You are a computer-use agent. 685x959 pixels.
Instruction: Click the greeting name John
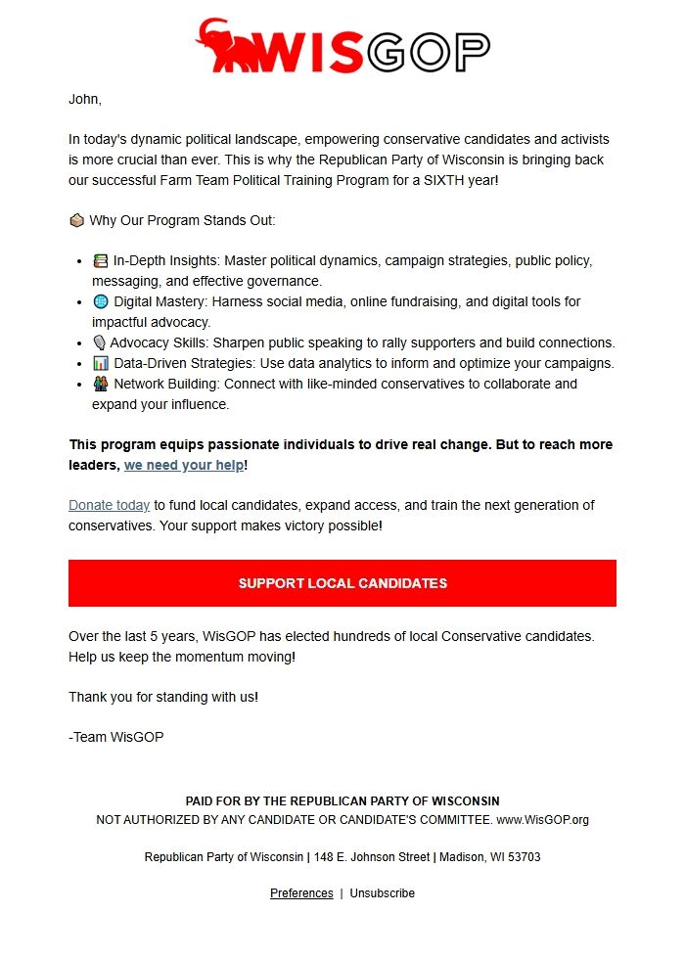(83, 99)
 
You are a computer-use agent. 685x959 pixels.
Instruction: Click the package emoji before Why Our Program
(76, 220)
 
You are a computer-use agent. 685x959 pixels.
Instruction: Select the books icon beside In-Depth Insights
(100, 261)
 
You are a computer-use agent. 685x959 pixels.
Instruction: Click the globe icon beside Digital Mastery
(100, 301)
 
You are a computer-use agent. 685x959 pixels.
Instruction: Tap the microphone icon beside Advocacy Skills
(99, 342)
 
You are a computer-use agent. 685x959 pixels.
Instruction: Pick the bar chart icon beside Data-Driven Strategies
(100, 363)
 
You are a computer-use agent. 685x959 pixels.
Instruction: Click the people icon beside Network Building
(100, 384)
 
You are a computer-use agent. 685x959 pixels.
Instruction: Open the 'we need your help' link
(184, 466)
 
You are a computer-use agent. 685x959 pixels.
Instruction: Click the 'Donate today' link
(109, 506)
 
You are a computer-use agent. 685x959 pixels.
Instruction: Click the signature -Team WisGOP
(115, 737)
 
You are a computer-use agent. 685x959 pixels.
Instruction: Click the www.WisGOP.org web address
(542, 820)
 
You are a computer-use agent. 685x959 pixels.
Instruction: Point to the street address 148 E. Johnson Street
(371, 857)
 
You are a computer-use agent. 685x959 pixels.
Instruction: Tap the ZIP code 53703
(523, 857)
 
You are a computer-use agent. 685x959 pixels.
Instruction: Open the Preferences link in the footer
(301, 893)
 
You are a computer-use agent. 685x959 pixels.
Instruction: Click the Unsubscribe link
(383, 893)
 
